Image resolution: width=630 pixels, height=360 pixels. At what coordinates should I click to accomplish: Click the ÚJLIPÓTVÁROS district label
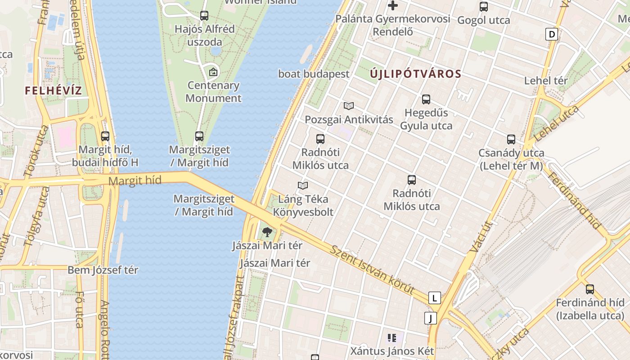416,74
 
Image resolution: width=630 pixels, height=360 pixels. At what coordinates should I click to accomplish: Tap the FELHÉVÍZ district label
53,90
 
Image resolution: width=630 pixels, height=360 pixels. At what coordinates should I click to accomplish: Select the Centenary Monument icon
213,72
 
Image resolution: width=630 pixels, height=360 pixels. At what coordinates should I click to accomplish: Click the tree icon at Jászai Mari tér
267,232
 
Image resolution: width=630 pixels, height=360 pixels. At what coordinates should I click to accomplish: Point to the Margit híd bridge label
135,181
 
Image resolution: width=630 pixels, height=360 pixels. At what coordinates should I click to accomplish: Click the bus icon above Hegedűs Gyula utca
426,99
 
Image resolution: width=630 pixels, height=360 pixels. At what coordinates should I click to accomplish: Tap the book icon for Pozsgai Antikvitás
349,106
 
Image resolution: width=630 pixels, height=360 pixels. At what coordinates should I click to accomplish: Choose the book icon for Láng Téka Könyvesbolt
303,185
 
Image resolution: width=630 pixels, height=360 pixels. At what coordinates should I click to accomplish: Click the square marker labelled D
551,34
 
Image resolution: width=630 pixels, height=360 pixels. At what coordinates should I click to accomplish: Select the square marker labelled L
434,298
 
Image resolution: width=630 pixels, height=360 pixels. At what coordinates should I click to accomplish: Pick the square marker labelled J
431,319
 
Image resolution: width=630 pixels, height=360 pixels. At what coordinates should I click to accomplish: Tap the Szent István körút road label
372,270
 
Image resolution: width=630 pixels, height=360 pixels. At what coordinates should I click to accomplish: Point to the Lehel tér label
546,81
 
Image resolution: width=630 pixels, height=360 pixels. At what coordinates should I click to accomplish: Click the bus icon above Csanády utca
511,139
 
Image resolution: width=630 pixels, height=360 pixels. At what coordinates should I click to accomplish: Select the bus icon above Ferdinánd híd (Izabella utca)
589,289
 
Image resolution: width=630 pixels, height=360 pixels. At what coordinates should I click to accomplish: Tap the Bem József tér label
103,270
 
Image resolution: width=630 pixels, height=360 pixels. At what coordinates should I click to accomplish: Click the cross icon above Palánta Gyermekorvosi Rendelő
393,5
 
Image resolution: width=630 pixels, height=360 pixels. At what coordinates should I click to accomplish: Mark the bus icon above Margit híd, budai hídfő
105,136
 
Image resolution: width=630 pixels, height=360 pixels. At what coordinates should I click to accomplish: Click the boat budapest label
314,74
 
